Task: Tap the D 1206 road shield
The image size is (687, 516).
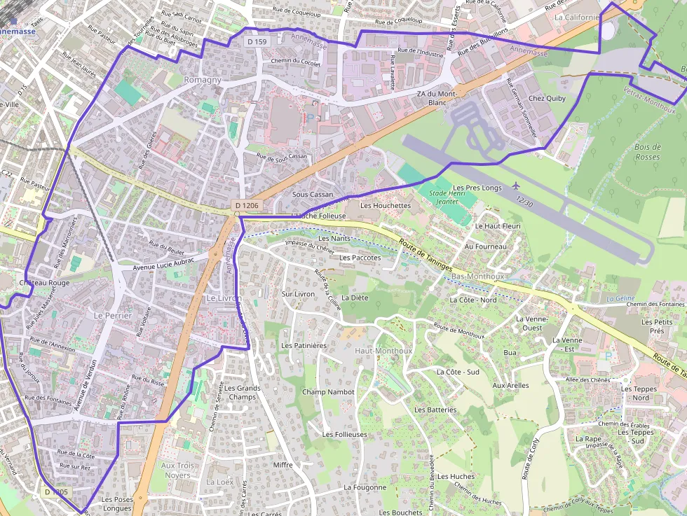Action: click(247, 206)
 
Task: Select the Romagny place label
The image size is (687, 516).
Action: click(202, 80)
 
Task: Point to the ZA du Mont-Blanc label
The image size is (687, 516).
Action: click(437, 98)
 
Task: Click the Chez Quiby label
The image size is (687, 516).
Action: click(547, 99)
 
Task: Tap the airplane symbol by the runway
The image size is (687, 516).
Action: click(517, 186)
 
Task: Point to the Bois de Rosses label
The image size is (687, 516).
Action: click(647, 152)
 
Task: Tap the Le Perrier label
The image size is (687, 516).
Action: click(112, 316)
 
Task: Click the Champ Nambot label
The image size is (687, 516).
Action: click(328, 392)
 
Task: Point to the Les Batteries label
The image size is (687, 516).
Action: click(435, 410)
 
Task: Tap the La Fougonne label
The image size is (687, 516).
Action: click(365, 487)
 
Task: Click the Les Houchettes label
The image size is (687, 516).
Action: click(385, 206)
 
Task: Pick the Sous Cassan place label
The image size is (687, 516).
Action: click(313, 194)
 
